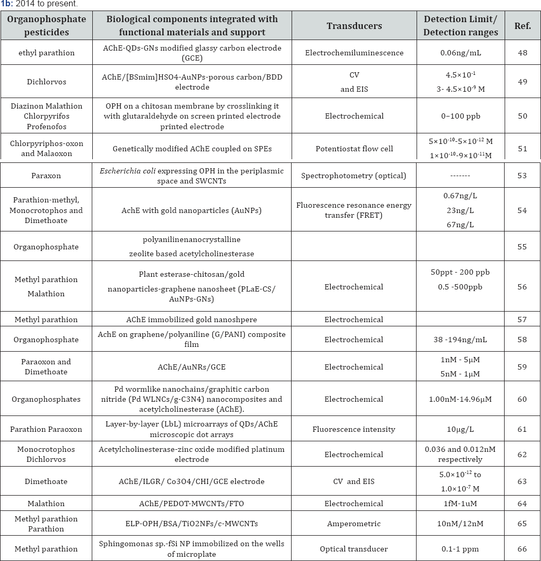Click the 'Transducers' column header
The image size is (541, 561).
coord(353,25)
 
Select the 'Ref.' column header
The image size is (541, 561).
coord(522,25)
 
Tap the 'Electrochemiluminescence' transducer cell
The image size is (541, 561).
coord(353,53)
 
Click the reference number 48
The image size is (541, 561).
coord(522,53)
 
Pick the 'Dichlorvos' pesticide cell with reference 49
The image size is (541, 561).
coord(45,82)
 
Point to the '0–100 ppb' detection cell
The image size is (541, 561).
coord(460,115)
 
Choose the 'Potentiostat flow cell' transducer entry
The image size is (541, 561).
coord(353,149)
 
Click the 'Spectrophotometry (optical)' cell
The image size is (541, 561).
coord(353,176)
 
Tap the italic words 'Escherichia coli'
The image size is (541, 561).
coord(135,171)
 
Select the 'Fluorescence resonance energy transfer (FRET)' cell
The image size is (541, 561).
coord(353,210)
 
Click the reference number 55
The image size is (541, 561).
coord(522,246)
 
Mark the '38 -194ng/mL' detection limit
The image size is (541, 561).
coord(460,340)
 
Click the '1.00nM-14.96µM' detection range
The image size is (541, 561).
coord(460,399)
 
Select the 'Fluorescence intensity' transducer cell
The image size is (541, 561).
coord(353,429)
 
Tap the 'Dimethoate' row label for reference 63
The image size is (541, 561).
coord(45,481)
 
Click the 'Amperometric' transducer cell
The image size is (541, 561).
coord(353,524)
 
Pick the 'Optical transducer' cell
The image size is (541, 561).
coord(353,549)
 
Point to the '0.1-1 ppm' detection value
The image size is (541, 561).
coord(460,549)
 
